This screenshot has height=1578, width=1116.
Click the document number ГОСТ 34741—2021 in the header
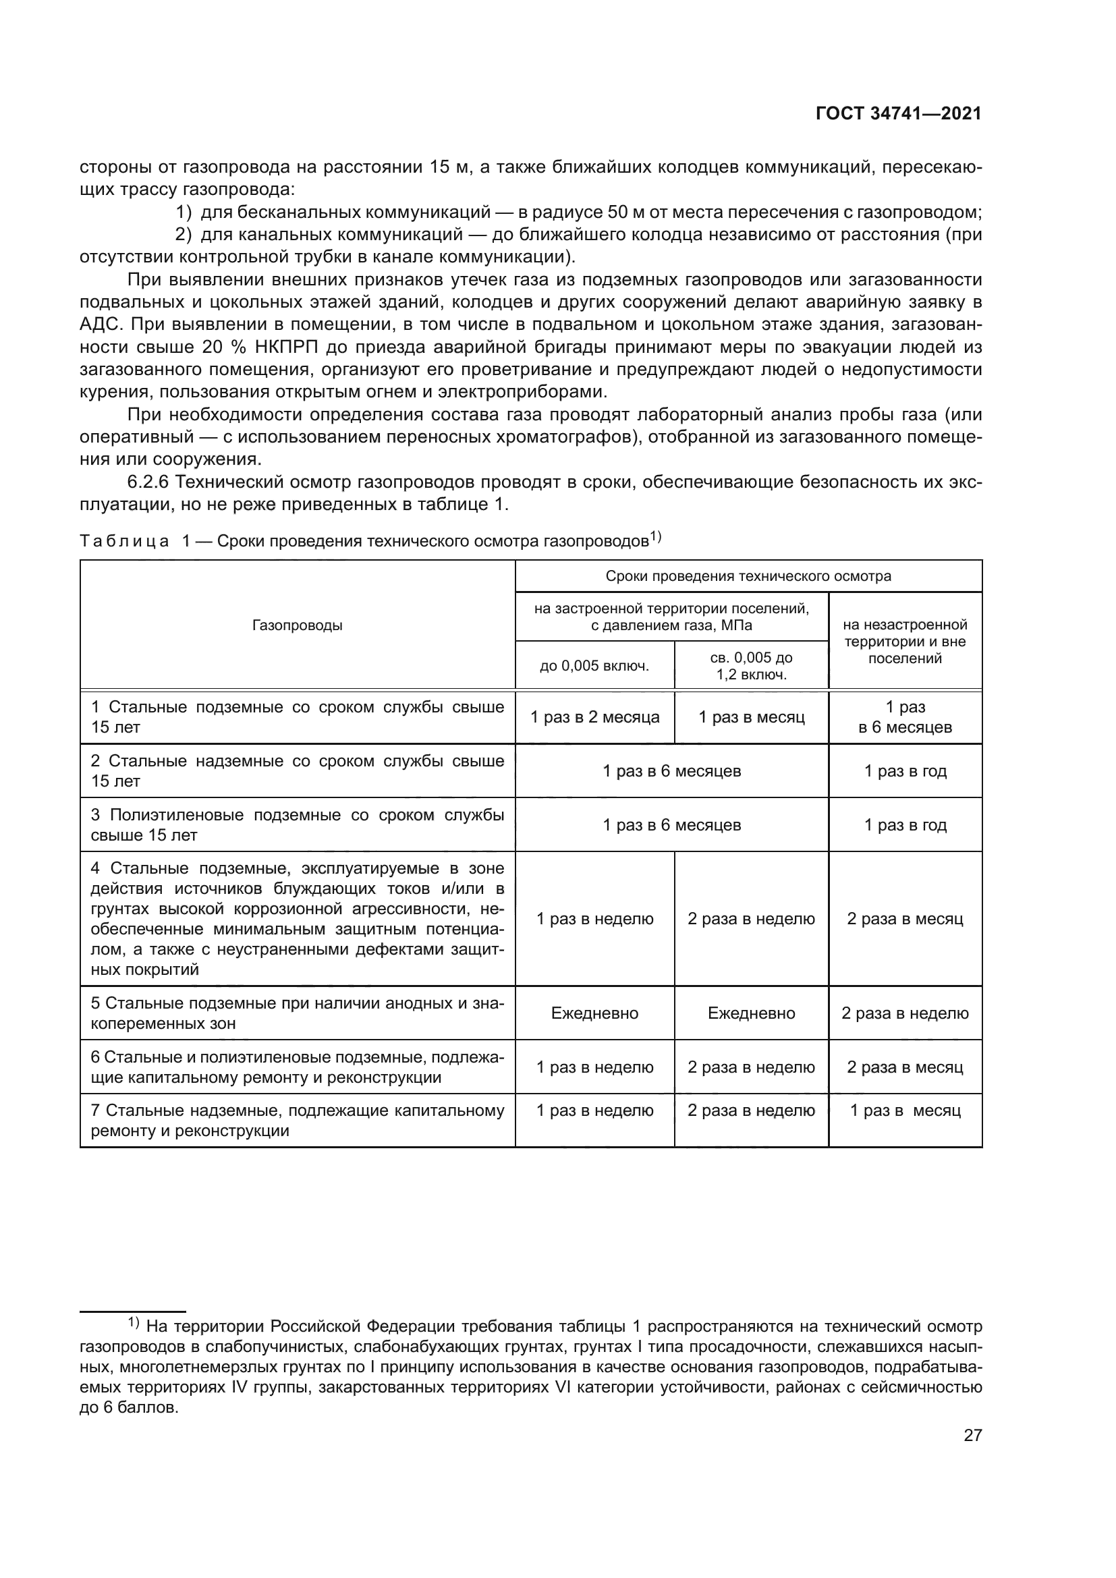click(x=898, y=114)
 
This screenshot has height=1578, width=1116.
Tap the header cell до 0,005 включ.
click(x=594, y=665)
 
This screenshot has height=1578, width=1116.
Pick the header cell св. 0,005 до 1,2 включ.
click(x=751, y=666)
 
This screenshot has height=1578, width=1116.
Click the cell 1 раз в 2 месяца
click(x=594, y=718)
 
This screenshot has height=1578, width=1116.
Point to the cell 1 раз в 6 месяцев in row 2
click(x=671, y=771)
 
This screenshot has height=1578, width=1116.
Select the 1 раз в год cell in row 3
click(x=905, y=824)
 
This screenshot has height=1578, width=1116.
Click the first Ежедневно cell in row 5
click(x=594, y=1013)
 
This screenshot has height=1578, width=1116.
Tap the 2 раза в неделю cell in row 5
click(x=905, y=1013)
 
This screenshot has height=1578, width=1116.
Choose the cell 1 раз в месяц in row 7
click(x=905, y=1110)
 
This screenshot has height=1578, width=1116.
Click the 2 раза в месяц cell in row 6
click(x=905, y=1067)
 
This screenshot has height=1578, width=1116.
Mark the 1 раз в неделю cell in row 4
click(x=594, y=919)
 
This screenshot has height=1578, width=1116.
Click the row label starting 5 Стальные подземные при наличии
click(x=298, y=1013)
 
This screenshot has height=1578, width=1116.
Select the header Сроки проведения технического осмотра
click(x=748, y=576)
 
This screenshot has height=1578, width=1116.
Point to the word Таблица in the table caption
click(x=124, y=542)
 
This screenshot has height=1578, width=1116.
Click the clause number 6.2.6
click(x=148, y=482)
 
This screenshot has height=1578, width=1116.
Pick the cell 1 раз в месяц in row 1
click(x=751, y=718)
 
